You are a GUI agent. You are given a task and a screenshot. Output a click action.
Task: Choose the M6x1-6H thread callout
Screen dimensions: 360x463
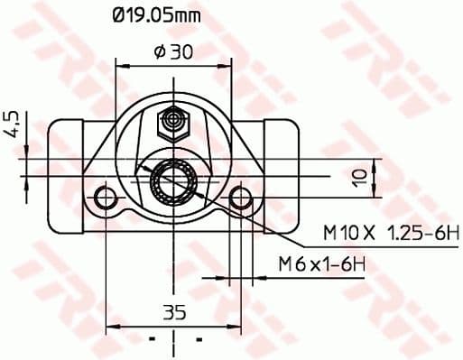tap(321, 263)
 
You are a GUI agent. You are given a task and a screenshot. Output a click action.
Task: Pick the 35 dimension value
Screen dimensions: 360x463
tap(174, 313)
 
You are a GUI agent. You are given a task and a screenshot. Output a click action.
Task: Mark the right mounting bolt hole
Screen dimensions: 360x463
tap(240, 198)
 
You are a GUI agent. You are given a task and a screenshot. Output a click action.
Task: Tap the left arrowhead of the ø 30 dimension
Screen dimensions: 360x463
tap(121, 65)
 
